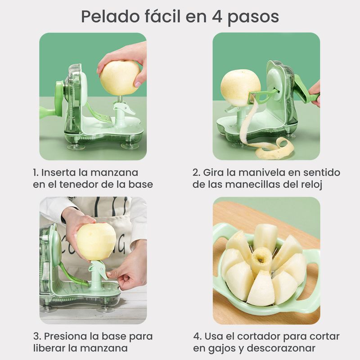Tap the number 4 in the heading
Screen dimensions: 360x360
coord(217,17)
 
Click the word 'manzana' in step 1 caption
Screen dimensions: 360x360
coord(114,173)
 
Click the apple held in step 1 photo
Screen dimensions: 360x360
coord(120,77)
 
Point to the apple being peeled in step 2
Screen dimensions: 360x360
coord(240,88)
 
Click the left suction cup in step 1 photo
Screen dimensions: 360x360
coord(74,146)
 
